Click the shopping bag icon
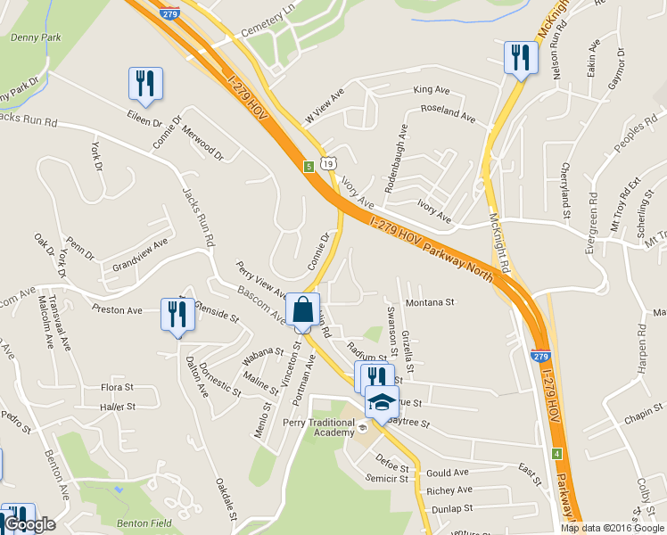[302, 311]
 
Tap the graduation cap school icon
[382, 402]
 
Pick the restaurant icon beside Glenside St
[177, 315]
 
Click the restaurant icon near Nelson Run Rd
[519, 58]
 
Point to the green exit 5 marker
[309, 166]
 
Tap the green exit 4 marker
[556, 454]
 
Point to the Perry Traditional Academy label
[318, 427]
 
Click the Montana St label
[430, 303]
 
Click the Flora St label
[117, 388]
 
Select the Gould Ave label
[447, 473]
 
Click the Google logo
[29, 524]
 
